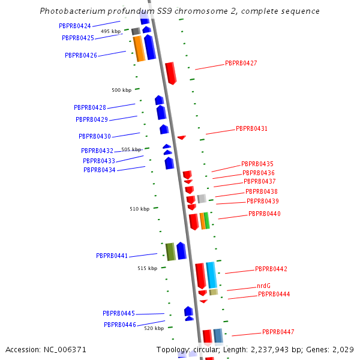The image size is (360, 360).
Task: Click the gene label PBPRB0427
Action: pyautogui.click(x=241, y=63)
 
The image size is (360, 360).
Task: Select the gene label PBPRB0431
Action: pyautogui.click(x=251, y=128)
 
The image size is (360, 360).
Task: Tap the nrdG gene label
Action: pyautogui.click(x=263, y=286)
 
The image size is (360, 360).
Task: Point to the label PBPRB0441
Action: pyautogui.click(x=112, y=256)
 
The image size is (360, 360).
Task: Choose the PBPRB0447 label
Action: pyautogui.click(x=278, y=332)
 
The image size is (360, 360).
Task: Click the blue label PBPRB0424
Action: pyautogui.click(x=75, y=26)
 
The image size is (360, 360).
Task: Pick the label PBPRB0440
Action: pyautogui.click(x=265, y=214)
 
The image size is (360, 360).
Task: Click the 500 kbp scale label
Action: pyautogui.click(x=121, y=90)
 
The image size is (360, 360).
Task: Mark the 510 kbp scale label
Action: pyautogui.click(x=139, y=209)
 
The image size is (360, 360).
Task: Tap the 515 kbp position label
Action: pyautogui.click(x=147, y=268)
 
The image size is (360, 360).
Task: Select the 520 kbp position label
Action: pyautogui.click(x=154, y=328)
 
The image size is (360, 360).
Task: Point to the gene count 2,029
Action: pyautogui.click(x=343, y=349)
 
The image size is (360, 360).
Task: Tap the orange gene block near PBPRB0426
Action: pyautogui.click(x=139, y=49)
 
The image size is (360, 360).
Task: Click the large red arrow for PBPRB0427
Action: pyautogui.click(x=171, y=73)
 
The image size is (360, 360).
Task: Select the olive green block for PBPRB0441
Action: pyautogui.click(x=170, y=251)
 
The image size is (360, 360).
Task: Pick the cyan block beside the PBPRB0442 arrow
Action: pyautogui.click(x=211, y=275)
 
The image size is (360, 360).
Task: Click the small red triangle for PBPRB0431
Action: pyautogui.click(x=181, y=137)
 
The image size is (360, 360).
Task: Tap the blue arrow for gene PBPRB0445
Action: pyautogui.click(x=188, y=311)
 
